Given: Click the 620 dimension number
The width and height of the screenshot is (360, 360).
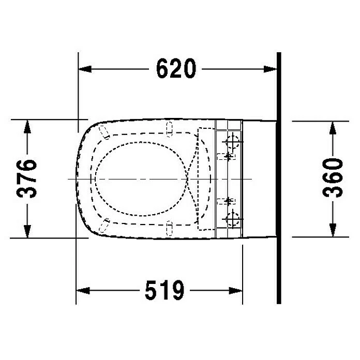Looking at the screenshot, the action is [x=176, y=68].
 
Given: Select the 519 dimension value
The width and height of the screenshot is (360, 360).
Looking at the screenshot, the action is [x=164, y=290].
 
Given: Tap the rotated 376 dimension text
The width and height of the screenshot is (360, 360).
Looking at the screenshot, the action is [x=26, y=178].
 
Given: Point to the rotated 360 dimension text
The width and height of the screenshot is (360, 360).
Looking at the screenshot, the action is [x=333, y=177].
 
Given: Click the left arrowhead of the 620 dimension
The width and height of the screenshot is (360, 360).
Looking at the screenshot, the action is [x=85, y=69].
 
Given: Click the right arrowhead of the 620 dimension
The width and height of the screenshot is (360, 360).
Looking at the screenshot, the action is [x=270, y=69].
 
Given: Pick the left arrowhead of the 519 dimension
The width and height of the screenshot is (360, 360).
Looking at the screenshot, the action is [x=83, y=291].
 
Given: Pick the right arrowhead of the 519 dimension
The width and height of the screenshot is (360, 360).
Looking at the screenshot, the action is [x=235, y=291].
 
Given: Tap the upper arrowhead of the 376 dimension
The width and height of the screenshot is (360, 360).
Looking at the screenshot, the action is [x=27, y=127].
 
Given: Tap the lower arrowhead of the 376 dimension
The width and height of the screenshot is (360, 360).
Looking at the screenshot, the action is [x=27, y=231].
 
